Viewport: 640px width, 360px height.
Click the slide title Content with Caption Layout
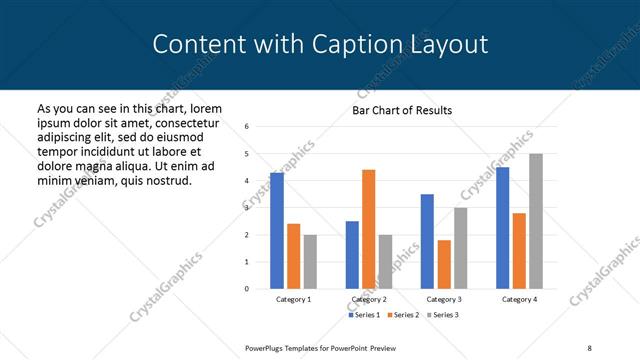tap(320, 44)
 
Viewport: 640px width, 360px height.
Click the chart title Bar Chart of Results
tap(402, 110)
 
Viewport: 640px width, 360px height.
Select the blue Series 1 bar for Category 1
tap(277, 231)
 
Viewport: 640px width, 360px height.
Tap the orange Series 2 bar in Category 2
tap(368, 229)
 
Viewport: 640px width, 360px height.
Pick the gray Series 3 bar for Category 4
tap(536, 221)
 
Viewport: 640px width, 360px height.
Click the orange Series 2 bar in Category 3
tap(444, 264)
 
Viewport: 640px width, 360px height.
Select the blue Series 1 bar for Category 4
tap(502, 228)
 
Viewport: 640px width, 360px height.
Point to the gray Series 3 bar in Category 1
tap(310, 262)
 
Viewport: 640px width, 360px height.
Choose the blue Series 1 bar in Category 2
tap(352, 255)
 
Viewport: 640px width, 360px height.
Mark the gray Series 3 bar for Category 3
tap(460, 248)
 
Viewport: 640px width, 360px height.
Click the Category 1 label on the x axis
tap(293, 299)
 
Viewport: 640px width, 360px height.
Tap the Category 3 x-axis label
tap(443, 299)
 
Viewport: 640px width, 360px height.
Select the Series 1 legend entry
tap(364, 315)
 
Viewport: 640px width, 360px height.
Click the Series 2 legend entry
tap(403, 315)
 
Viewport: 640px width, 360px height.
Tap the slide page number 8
tap(589, 346)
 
